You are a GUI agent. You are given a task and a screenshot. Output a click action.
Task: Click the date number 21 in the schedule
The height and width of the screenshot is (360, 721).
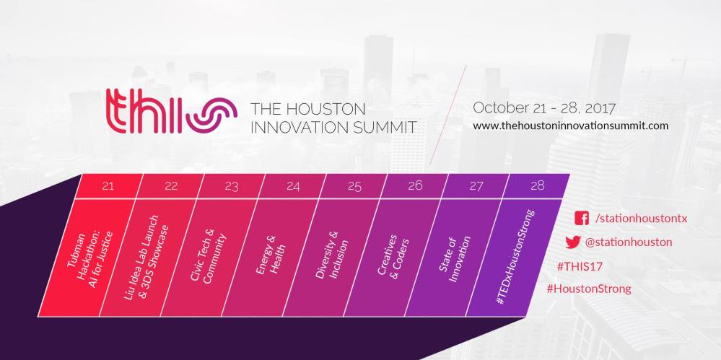108,185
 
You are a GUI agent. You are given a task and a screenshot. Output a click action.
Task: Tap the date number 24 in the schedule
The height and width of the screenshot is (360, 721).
292,185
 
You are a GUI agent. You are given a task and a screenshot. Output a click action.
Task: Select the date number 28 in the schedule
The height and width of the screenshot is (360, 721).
537,185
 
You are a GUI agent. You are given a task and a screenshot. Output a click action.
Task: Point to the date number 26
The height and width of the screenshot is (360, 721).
415,185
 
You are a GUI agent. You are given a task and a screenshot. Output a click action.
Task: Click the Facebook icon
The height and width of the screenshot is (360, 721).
581,219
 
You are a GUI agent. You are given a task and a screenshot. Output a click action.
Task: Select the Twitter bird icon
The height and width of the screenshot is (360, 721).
574,242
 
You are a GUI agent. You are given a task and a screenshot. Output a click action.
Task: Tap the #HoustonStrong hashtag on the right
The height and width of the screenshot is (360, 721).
589,289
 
